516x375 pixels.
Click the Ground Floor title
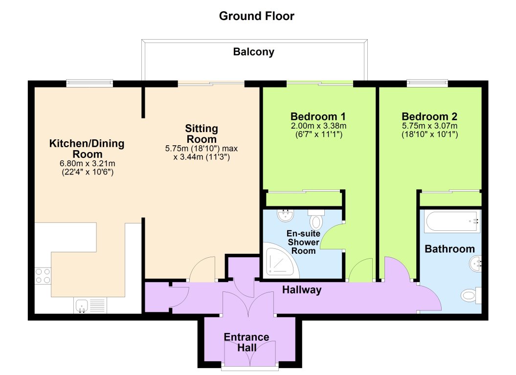coord(256,16)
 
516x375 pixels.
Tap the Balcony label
coord(253,52)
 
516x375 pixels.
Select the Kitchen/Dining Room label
coord(87,149)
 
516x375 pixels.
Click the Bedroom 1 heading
coord(318,117)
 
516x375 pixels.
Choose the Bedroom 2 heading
coord(429,117)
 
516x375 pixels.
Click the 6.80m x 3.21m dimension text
coord(87,163)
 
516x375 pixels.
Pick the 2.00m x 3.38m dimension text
coord(318,126)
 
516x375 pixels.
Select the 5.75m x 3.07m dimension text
coord(429,126)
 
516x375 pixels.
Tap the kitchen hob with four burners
coord(42,276)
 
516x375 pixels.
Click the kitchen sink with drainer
coord(90,306)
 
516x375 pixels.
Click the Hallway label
coord(302,290)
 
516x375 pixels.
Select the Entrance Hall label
coord(247,342)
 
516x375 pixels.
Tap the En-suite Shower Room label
coord(303,243)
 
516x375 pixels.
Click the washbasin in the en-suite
coord(284,216)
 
